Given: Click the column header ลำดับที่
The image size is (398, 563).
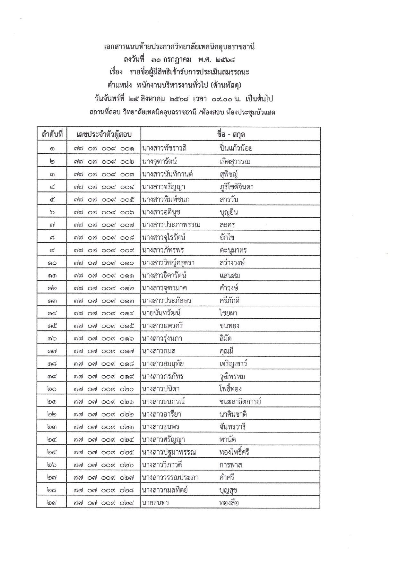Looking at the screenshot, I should [52, 134].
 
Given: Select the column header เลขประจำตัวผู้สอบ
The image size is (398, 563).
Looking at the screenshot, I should [104, 134].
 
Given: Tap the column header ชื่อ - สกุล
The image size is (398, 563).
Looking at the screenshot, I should [230, 134].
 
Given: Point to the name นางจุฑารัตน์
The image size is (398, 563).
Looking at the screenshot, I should [160, 161].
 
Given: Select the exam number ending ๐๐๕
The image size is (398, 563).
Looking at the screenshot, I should [104, 200].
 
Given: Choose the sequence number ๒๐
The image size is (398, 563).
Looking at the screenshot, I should [52, 389].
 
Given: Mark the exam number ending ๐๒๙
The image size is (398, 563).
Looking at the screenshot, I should [104, 503].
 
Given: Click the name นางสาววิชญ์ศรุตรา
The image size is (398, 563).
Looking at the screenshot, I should [168, 263].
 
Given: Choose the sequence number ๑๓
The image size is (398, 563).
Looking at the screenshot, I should [52, 301].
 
